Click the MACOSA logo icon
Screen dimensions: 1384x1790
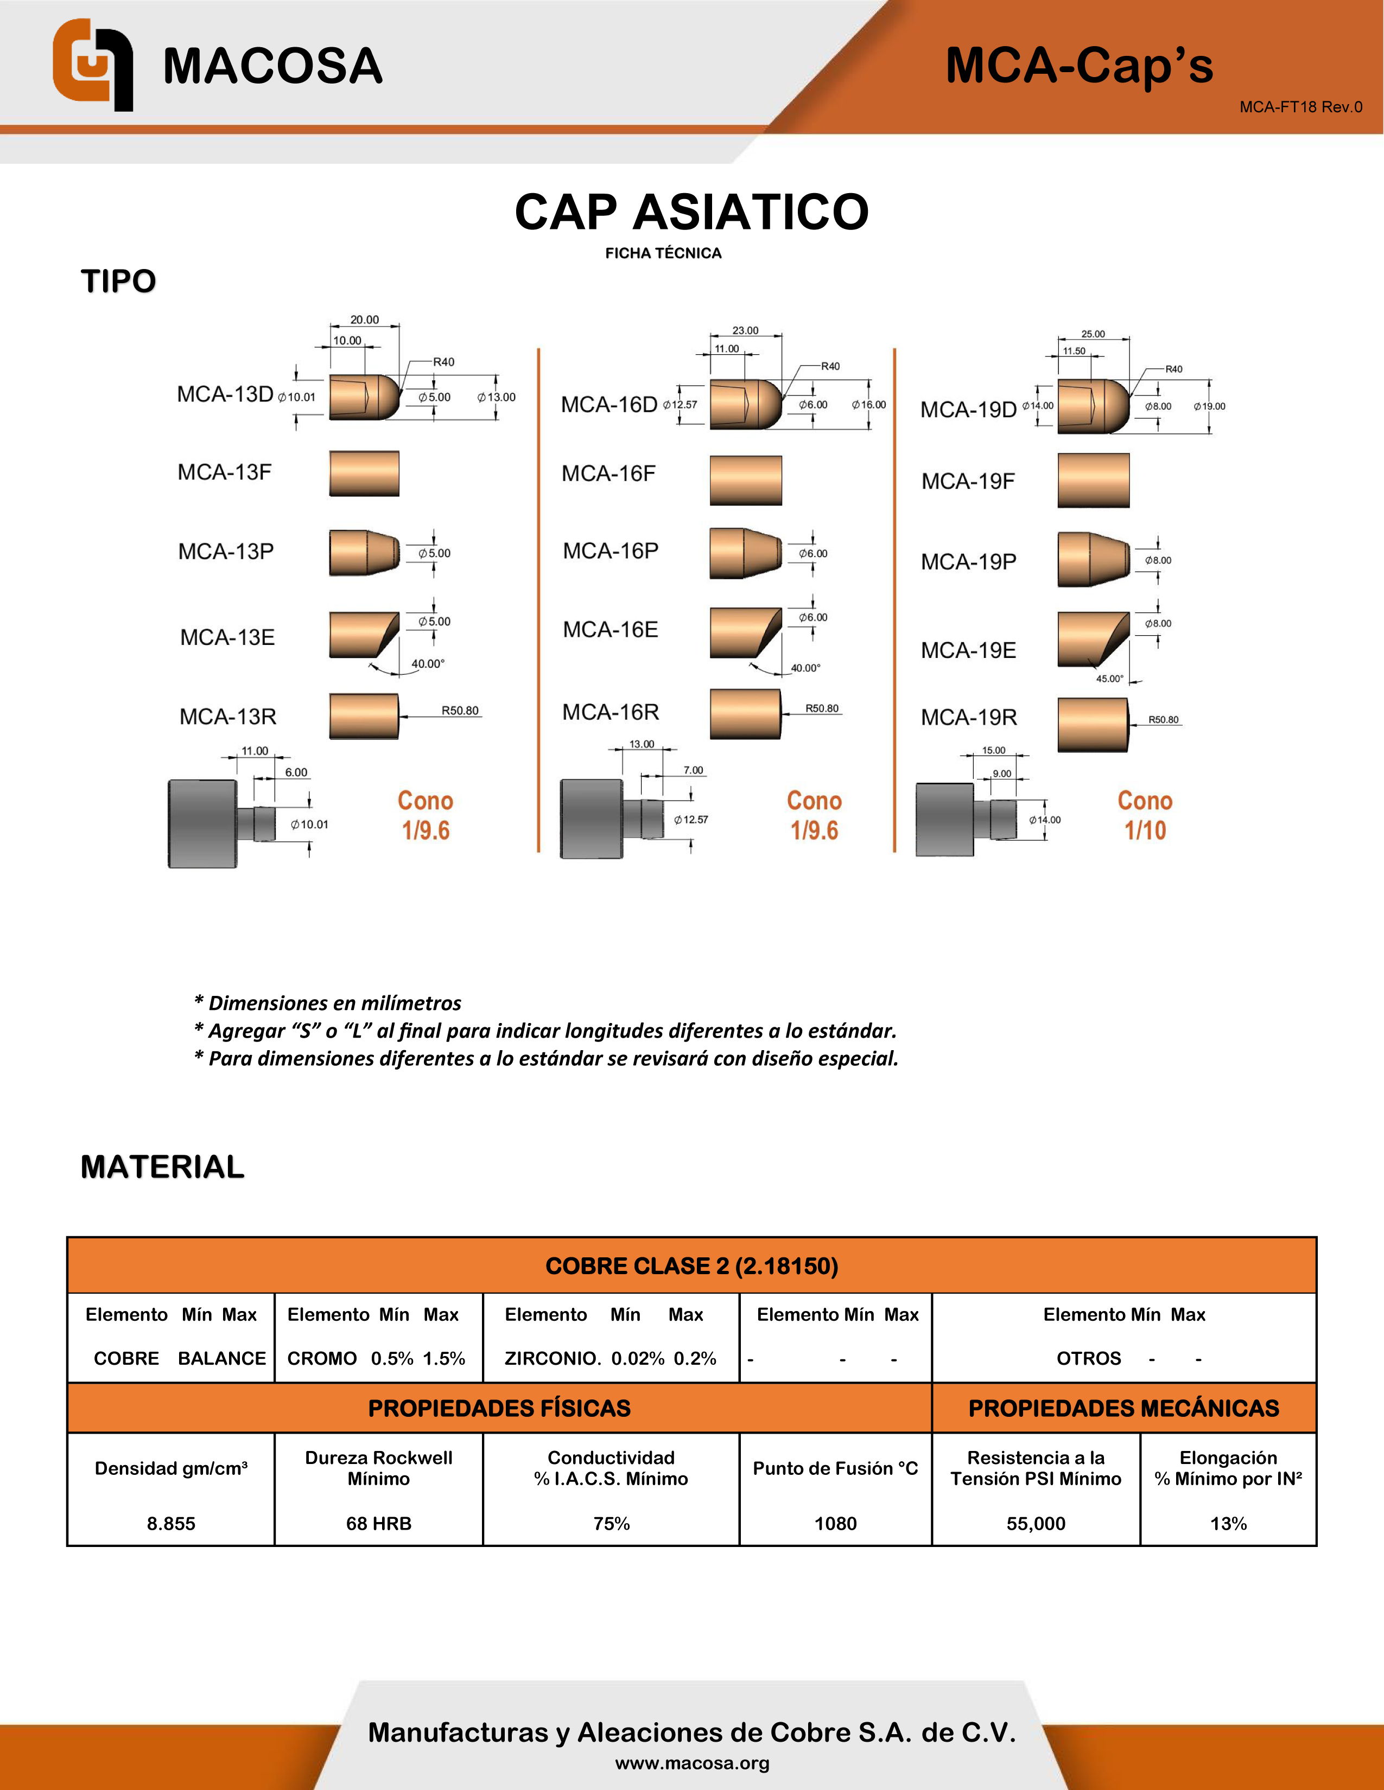pyautogui.click(x=93, y=64)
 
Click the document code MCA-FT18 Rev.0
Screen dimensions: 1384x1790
pyautogui.click(x=1300, y=107)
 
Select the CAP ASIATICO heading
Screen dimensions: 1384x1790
pyautogui.click(x=691, y=212)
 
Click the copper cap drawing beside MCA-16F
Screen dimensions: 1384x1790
pyautogui.click(x=745, y=480)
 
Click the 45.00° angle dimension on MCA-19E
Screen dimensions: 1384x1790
pyautogui.click(x=1109, y=679)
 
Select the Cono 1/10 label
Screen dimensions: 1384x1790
pyautogui.click(x=1145, y=815)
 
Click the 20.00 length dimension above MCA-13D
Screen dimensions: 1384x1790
pyautogui.click(x=364, y=319)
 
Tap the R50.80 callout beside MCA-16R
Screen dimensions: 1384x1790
pyautogui.click(x=822, y=708)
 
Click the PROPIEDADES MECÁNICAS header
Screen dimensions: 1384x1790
pyautogui.click(x=1123, y=1408)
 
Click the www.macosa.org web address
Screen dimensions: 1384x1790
pyautogui.click(x=692, y=1763)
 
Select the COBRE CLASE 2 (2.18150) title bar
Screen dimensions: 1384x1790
pyautogui.click(x=691, y=1265)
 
